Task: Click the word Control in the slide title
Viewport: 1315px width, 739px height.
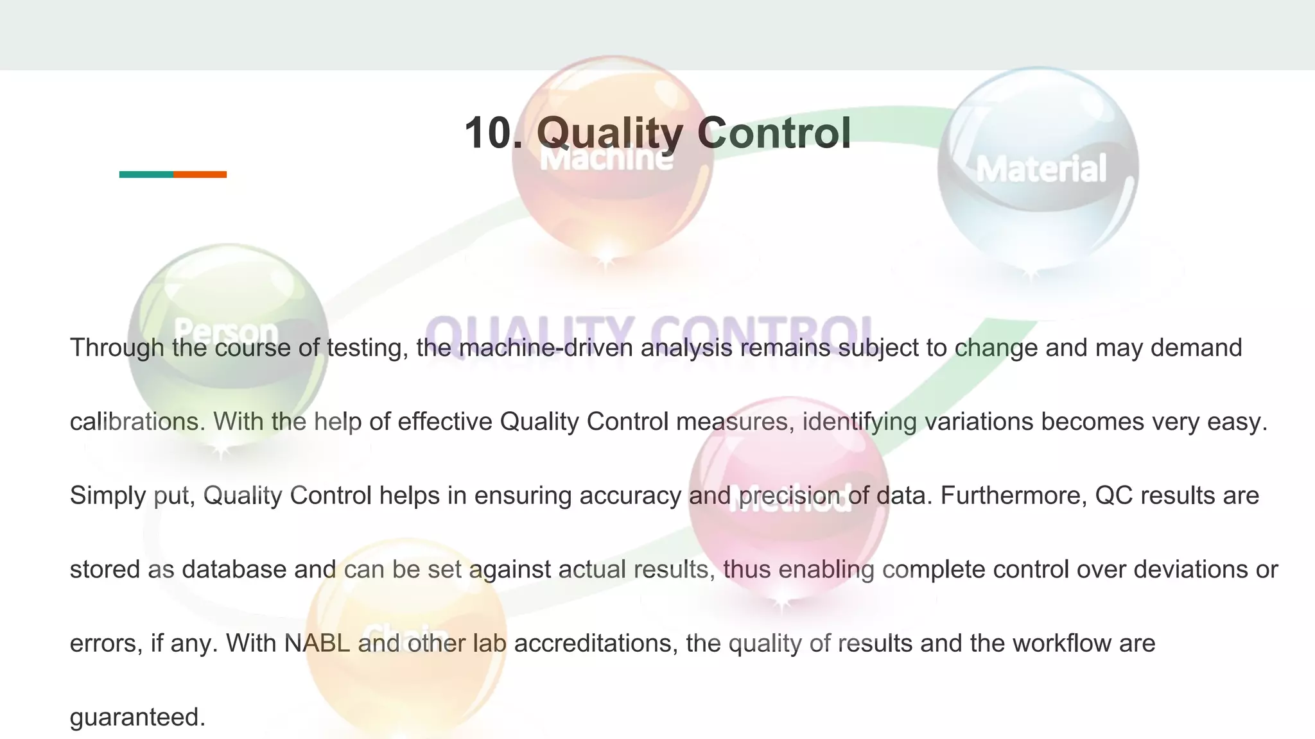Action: pos(774,133)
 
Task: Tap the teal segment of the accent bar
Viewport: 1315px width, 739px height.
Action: pos(146,174)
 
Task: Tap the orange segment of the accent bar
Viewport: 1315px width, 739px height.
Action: pos(200,174)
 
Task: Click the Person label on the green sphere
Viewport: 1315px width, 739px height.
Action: pos(225,331)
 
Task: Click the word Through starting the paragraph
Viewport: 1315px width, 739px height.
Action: pos(117,348)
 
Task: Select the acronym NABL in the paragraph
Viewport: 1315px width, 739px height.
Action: pos(317,643)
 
